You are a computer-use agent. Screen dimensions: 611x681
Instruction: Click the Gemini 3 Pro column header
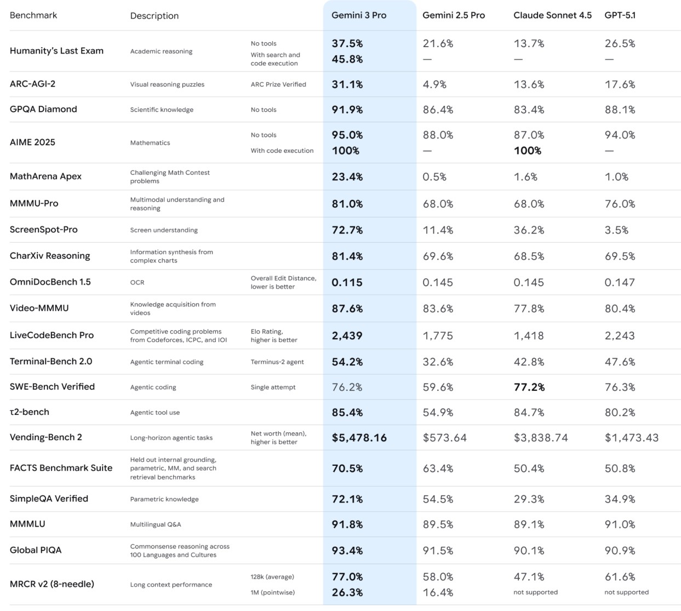359,15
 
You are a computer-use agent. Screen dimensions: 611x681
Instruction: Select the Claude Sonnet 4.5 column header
552,15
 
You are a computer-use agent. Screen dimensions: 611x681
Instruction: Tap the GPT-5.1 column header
620,15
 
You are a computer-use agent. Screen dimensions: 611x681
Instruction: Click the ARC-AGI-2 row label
32,84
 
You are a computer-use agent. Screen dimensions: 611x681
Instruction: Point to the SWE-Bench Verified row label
52,386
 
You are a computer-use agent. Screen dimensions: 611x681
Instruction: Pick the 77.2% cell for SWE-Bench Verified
529,387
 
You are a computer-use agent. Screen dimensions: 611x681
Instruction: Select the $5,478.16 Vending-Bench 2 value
359,438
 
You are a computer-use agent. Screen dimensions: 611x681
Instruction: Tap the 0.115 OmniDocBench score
347,283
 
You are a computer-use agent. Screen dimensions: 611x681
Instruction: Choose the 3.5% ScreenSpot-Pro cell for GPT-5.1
616,230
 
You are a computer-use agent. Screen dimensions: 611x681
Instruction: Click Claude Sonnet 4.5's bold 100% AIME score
527,151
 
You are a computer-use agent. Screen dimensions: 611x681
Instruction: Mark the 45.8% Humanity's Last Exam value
347,59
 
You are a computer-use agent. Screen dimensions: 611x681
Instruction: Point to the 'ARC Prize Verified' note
278,84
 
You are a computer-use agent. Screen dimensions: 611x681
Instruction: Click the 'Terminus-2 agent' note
277,362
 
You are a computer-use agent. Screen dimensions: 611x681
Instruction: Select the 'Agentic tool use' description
155,413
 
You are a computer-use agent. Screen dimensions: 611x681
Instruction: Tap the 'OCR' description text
138,283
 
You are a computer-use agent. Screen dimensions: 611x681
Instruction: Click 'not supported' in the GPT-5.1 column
626,592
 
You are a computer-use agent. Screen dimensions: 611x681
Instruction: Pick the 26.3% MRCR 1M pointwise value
347,592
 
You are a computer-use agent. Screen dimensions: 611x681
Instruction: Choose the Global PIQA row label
36,550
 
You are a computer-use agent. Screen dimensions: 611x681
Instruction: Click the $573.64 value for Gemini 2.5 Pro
444,438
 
